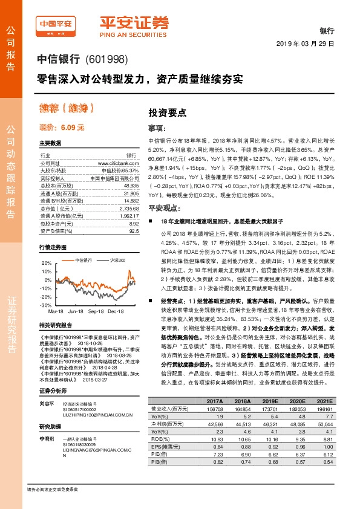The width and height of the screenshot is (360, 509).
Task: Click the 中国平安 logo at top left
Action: click(x=56, y=27)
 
